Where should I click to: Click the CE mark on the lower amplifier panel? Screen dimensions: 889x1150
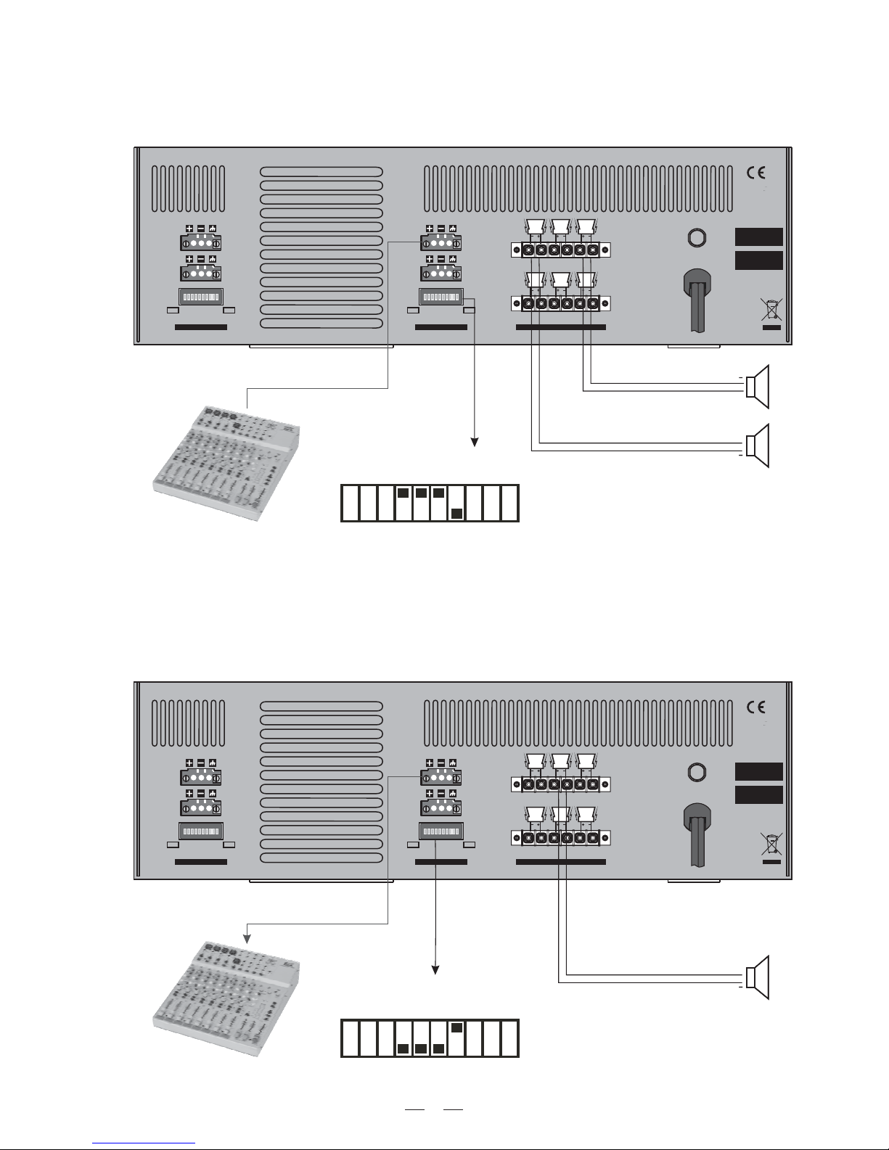click(755, 707)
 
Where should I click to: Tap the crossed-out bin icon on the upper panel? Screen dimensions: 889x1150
click(771, 308)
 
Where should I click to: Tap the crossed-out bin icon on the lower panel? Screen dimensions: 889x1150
click(771, 843)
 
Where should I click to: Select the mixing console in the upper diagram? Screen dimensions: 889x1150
click(229, 461)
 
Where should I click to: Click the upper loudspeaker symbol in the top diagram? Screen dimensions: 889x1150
click(758, 384)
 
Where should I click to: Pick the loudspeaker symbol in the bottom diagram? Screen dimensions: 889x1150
click(758, 977)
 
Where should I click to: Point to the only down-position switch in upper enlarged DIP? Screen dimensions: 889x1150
click(456, 514)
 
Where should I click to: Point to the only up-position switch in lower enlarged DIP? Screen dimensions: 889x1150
click(456, 1027)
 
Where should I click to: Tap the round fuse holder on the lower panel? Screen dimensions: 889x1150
click(697, 772)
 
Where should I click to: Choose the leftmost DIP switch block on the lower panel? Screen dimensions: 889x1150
click(201, 831)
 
